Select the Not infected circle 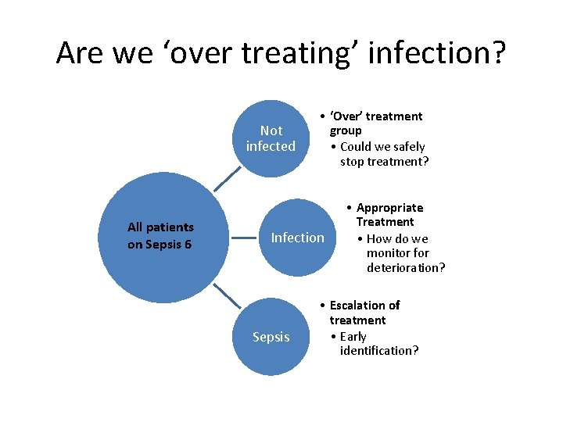click(271, 138)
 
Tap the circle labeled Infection click(297, 238)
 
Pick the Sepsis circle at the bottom click(271, 337)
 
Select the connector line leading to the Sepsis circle click(228, 295)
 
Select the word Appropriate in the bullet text click(389, 208)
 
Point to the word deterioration click(406, 268)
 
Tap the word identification click(379, 350)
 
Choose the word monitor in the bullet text click(397, 253)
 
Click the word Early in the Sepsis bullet click(353, 336)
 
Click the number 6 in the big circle click(188, 244)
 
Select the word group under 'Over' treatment click(346, 131)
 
